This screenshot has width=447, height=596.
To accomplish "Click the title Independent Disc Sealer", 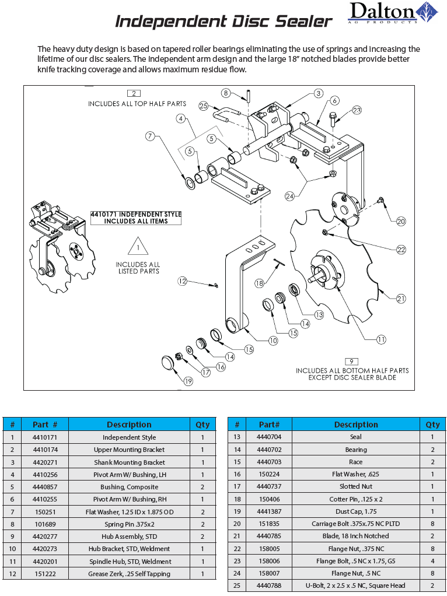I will coord(223,22).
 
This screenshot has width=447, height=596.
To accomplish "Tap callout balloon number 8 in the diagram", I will coord(226,93).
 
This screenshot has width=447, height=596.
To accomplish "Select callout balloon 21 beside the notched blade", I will coord(401,299).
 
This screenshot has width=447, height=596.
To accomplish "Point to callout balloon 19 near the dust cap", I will coord(188,381).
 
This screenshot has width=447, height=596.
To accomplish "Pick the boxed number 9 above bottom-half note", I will coord(351,361).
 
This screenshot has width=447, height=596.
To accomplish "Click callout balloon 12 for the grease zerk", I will coord(183,282).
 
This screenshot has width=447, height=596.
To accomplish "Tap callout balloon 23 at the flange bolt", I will coord(357,110).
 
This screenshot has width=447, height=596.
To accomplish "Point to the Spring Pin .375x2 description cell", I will coord(129,524).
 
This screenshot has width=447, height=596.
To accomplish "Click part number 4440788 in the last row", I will coord(270,586).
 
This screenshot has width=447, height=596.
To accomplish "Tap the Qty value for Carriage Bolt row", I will coord(432,524).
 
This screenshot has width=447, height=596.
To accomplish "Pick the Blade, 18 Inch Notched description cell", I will coord(356,536).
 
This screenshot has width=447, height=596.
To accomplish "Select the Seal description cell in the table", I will coord(356,437).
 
